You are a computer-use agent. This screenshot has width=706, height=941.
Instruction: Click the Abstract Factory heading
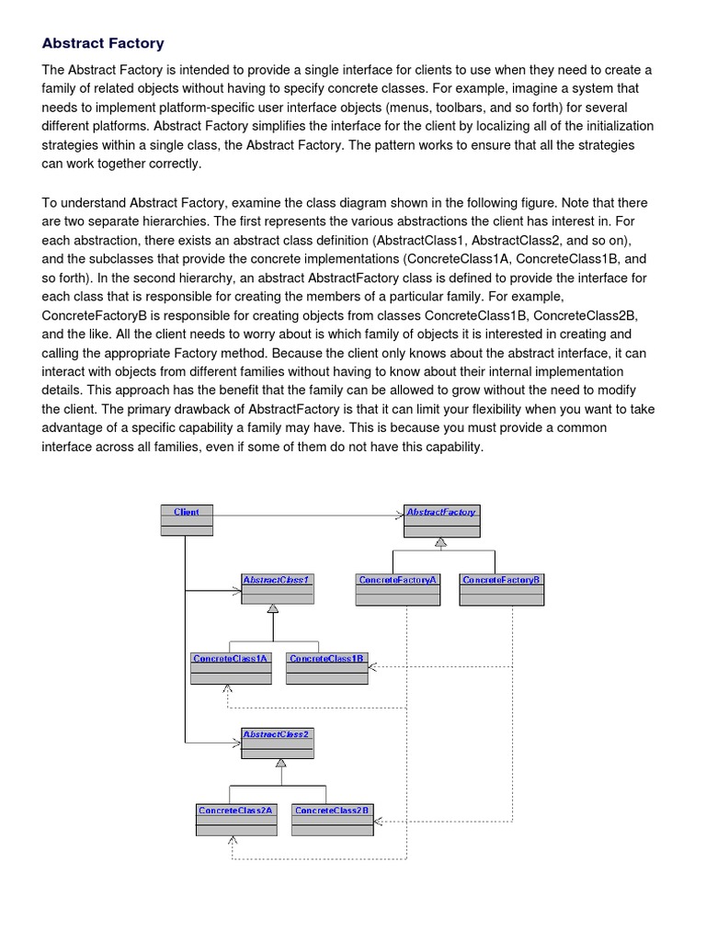pos(103,42)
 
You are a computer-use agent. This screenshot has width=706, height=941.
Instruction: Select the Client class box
pos(187,519)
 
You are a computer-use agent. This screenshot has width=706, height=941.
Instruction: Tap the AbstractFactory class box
pos(441,519)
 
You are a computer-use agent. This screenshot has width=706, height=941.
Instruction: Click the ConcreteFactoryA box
pos(398,589)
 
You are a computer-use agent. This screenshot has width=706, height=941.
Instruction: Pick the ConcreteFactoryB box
pos(502,589)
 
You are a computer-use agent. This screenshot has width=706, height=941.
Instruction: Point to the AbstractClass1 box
pos(277,589)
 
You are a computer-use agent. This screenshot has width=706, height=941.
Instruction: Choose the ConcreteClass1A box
pos(231,668)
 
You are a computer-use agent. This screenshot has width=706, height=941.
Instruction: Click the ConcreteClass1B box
pos(327,668)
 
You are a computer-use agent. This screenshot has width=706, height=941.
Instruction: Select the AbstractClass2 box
pos(277,743)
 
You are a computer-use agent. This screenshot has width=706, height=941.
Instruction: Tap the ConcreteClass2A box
pos(236,819)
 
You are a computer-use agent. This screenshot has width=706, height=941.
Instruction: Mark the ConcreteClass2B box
pos(333,819)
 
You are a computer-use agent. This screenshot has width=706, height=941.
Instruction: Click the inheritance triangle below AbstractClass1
pos(273,610)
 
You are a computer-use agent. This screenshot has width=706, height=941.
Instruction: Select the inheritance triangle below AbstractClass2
pos(280,764)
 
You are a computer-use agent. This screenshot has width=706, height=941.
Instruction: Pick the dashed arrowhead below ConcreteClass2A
pos(233,839)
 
